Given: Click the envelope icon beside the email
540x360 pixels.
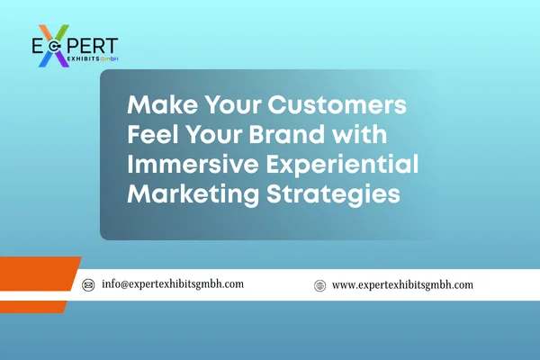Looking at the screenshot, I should click(x=88, y=284).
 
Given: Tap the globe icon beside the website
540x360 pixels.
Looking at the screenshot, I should click(x=319, y=284).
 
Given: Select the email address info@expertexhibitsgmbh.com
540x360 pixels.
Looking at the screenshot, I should click(x=173, y=284).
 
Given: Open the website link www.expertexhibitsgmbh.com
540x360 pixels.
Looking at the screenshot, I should click(x=402, y=284).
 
